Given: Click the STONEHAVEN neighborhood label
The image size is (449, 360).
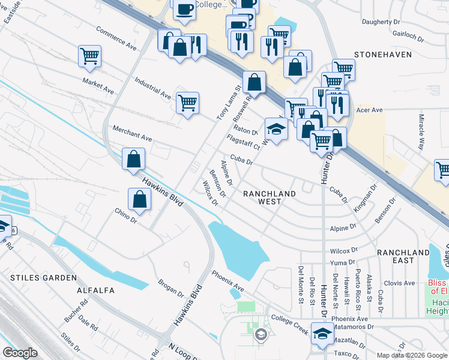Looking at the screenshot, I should tap(382, 55).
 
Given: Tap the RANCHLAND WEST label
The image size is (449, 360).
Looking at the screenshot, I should tap(270, 199).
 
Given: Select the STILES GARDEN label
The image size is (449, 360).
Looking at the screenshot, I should tap(43, 278).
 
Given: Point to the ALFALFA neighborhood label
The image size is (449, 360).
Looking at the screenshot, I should tap(95, 290).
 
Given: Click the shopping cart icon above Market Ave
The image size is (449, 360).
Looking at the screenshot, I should tap(89, 56).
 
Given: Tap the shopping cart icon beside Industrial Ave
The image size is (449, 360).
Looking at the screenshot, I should tap(187, 103).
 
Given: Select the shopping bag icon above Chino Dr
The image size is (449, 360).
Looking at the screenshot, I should tap(139, 200).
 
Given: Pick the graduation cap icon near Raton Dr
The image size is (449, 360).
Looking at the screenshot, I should tap(276, 130).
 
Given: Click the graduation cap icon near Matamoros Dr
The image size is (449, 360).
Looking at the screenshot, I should tap(322, 333).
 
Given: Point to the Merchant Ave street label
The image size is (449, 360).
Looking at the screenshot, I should tap(132, 134).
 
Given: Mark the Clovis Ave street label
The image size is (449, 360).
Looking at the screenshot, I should tap(400, 283).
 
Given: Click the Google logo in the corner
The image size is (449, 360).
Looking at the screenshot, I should tap(20, 353).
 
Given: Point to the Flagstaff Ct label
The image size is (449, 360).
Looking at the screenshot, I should tap(243, 142).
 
